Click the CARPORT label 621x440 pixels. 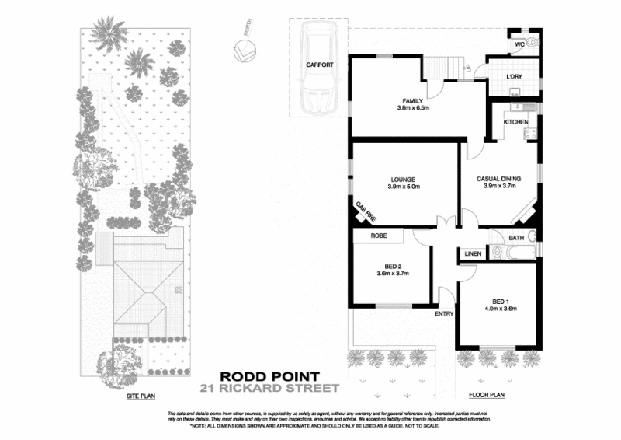click(x=319, y=65)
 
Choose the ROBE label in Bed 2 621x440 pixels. click(x=378, y=235)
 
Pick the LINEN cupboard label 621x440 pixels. click(x=473, y=253)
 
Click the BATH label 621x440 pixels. click(x=517, y=238)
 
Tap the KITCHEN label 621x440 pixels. click(x=516, y=122)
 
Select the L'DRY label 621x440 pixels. click(x=513, y=76)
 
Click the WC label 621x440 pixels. click(x=519, y=44)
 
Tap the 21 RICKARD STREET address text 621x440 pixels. click(x=269, y=389)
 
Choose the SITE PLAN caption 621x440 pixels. click(x=141, y=396)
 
